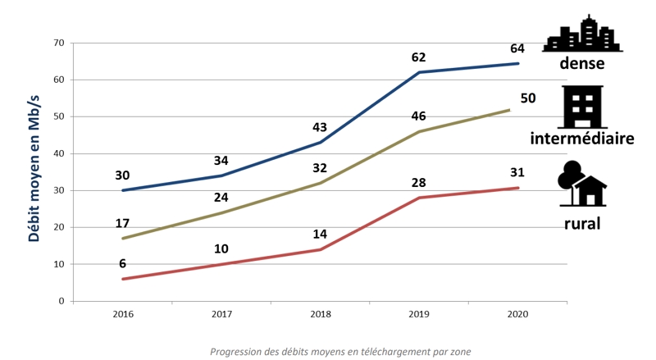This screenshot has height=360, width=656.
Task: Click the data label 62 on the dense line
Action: [419, 58]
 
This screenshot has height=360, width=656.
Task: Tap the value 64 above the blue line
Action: [517, 48]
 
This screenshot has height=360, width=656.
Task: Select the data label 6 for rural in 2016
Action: [123, 263]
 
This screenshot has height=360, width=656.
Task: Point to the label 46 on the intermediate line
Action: [419, 116]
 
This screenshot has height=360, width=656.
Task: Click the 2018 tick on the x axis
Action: [320, 314]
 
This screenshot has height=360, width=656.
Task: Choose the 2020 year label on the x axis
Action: [517, 314]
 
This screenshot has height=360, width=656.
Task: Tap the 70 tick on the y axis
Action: [58, 43]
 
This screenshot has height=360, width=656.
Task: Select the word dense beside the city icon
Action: [582, 64]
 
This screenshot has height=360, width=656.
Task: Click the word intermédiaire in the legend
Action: [583, 139]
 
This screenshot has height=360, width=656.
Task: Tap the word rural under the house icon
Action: [583, 222]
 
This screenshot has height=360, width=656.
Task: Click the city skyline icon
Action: [583, 34]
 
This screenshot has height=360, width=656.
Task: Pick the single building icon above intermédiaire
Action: [583, 107]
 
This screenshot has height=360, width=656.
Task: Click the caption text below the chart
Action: [340, 352]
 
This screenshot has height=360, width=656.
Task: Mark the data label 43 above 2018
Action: [321, 128]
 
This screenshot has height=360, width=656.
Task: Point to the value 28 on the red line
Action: [419, 181]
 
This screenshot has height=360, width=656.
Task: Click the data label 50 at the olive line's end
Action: [528, 98]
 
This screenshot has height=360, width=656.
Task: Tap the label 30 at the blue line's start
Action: [123, 175]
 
